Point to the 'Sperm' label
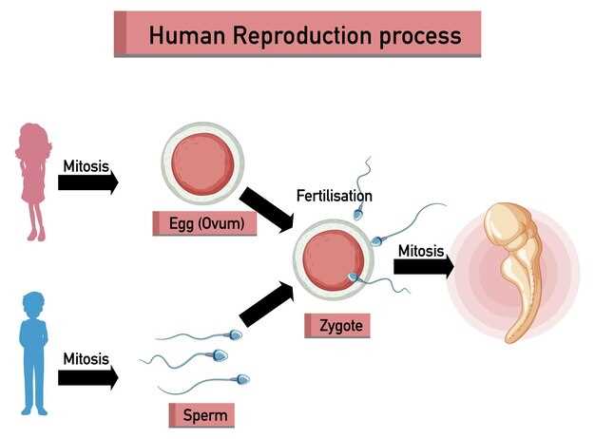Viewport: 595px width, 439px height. click(201, 415)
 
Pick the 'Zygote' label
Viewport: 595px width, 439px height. click(335, 326)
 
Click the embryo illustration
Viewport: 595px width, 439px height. click(513, 266)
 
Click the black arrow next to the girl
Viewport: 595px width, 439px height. click(88, 182)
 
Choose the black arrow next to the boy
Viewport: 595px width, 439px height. click(88, 377)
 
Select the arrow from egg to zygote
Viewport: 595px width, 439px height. click(267, 209)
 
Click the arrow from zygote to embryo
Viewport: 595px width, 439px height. click(424, 267)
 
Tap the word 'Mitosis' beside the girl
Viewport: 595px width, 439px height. click(86, 165)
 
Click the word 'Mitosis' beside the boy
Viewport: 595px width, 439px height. click(86, 359)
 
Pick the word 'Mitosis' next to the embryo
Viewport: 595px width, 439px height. click(421, 251)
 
